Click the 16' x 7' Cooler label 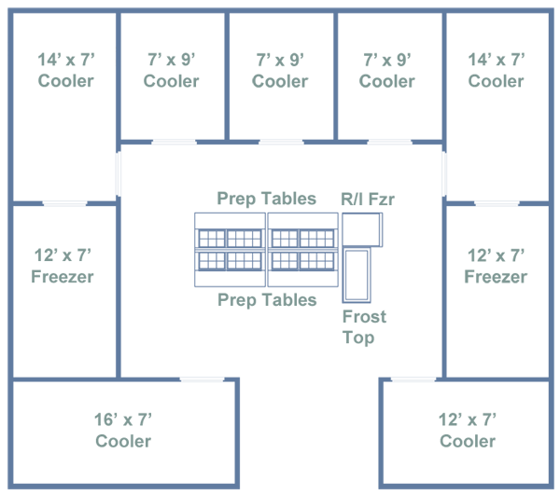coord(123,430)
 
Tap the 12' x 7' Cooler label coord(467,430)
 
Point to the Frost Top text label coord(364,326)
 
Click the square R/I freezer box coord(362,229)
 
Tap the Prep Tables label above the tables coord(266,199)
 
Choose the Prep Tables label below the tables coord(266,299)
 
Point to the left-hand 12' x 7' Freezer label coord(63,266)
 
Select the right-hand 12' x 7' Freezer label coord(495,266)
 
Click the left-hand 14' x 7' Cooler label coord(65,70)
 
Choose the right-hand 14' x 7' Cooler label coord(496,70)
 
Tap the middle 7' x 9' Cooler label coord(280,70)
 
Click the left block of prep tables coord(231,250)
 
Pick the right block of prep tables coord(303,250)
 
